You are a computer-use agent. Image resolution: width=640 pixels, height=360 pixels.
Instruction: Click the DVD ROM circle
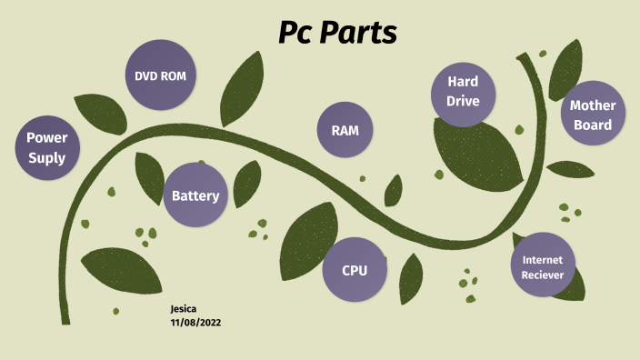[160, 76]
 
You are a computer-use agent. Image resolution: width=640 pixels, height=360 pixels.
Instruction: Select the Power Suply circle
[46, 148]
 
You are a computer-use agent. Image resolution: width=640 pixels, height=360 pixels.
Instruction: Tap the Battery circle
[195, 195]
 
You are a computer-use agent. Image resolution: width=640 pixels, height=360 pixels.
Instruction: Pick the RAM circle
[345, 131]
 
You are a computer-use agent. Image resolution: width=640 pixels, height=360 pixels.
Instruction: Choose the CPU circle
[355, 270]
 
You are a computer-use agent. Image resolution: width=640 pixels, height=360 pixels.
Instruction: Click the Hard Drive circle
[463, 91]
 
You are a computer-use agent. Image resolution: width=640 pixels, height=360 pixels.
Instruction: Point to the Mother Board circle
[593, 115]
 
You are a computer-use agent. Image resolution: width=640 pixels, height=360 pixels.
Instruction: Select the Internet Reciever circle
[543, 266]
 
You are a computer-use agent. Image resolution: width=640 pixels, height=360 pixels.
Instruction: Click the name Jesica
[184, 309]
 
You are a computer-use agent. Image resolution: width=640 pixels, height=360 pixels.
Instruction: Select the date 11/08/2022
[195, 322]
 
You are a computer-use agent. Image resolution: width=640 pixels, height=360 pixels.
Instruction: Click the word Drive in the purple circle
[463, 101]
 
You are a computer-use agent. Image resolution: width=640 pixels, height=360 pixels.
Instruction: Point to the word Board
[593, 125]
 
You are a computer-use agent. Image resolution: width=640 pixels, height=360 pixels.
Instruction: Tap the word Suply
[46, 158]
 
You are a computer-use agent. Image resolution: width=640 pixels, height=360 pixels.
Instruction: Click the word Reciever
[543, 275]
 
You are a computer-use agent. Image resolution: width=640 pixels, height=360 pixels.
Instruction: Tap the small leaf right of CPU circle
[411, 277]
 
